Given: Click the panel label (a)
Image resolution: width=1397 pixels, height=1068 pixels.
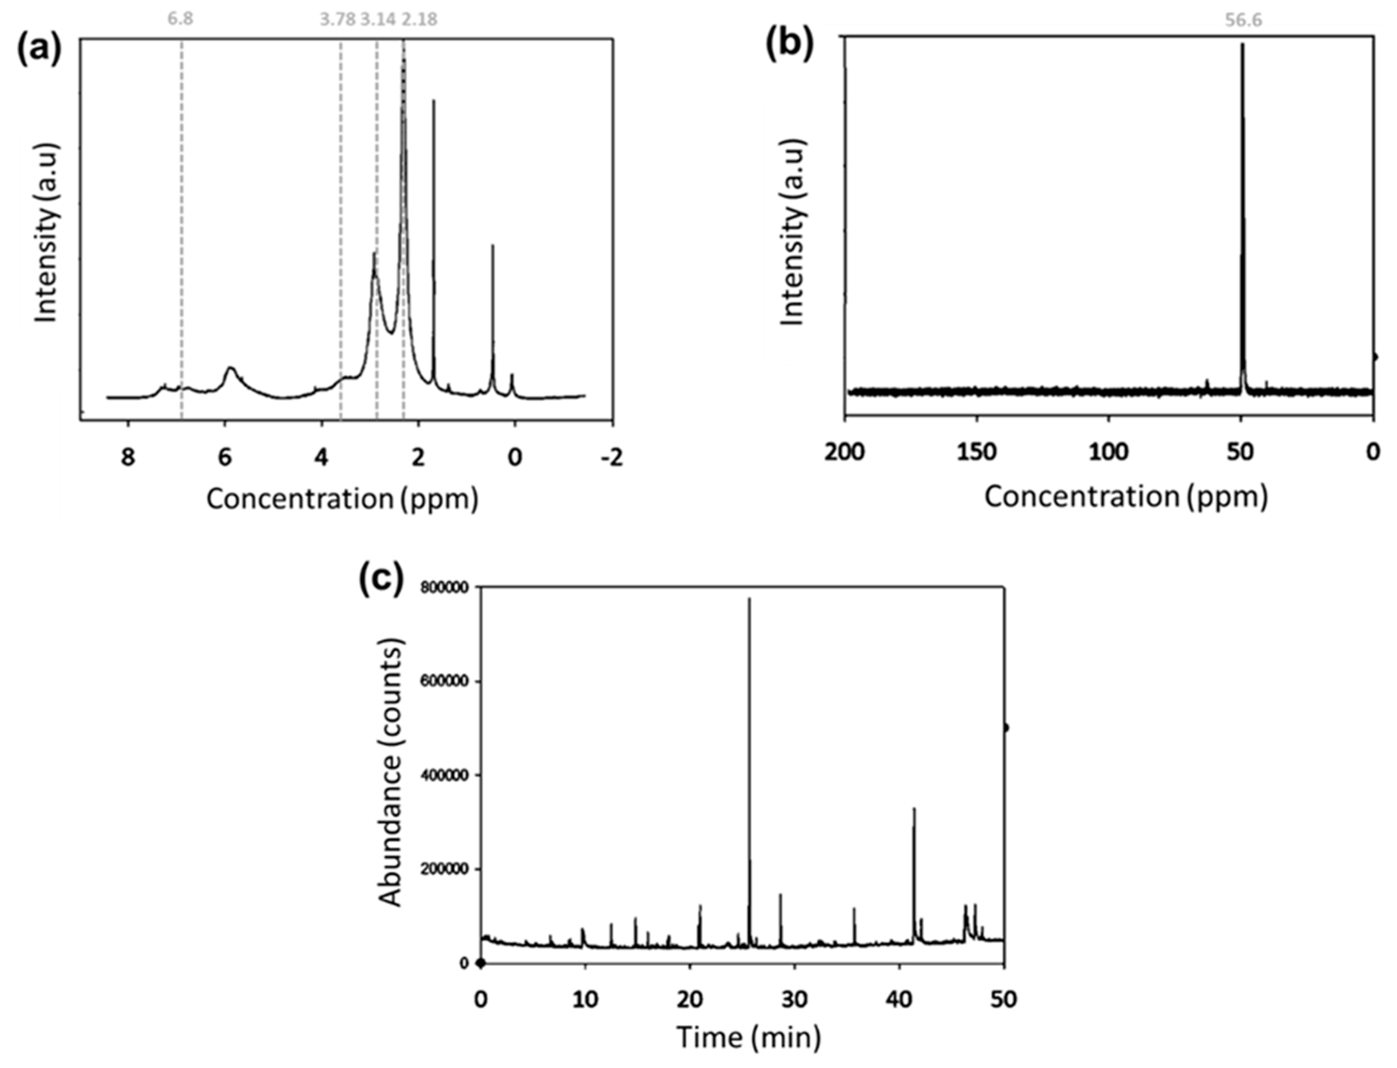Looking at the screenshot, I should coord(38,50).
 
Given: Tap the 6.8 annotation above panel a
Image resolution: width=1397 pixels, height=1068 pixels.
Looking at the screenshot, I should coord(181,19).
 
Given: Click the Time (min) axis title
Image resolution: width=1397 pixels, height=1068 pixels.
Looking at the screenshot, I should coord(749,1037).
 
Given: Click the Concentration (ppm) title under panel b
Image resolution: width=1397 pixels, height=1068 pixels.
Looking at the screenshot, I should coord(1126,497).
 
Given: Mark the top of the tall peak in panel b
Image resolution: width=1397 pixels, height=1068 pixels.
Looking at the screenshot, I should coord(1242,44).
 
